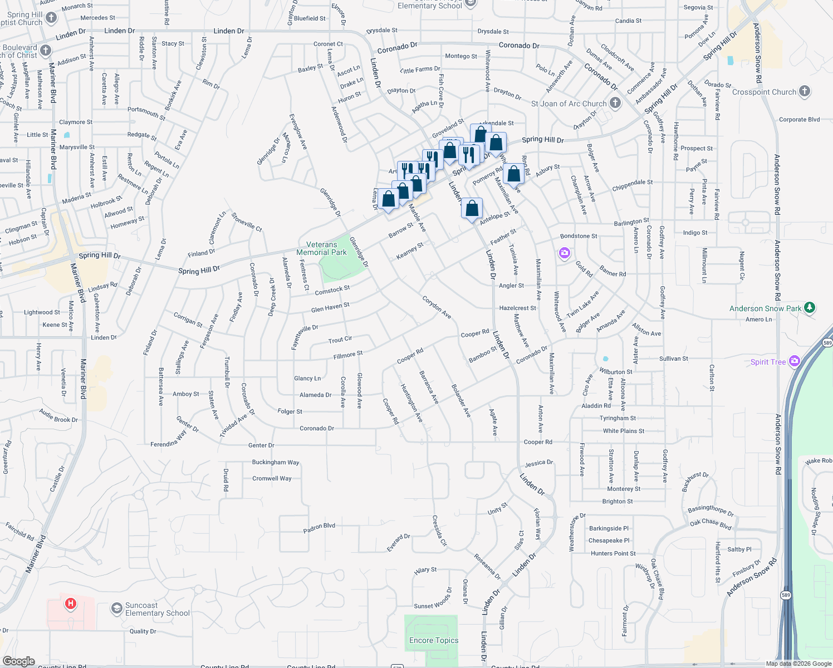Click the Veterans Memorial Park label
[321, 248]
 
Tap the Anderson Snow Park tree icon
[810, 307]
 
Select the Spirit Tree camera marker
[795, 361]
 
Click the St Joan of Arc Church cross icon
[615, 102]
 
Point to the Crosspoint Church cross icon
[804, 91]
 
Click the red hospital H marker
[71, 603]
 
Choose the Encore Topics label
[434, 640]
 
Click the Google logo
[18, 661]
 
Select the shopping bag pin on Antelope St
[472, 209]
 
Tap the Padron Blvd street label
[319, 528]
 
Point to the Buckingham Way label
[276, 462]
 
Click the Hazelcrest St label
[517, 308]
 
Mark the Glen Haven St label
[330, 307]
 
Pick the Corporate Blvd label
[799, 120]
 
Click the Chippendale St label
[632, 185]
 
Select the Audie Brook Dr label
[58, 415]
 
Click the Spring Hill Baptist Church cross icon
[51, 18]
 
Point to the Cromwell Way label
[272, 478]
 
